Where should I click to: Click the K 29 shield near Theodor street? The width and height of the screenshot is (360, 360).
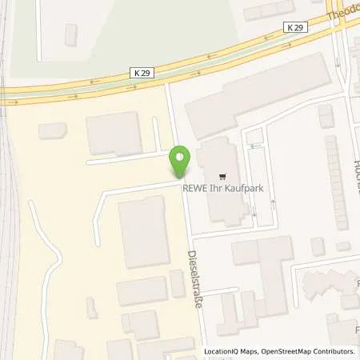294,28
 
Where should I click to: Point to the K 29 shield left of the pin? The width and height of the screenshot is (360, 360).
142,73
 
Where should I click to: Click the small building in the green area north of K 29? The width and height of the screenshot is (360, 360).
71,34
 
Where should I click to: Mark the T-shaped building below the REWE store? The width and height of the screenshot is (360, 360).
264,264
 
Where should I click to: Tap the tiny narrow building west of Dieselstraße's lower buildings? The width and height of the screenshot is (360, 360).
177,283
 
